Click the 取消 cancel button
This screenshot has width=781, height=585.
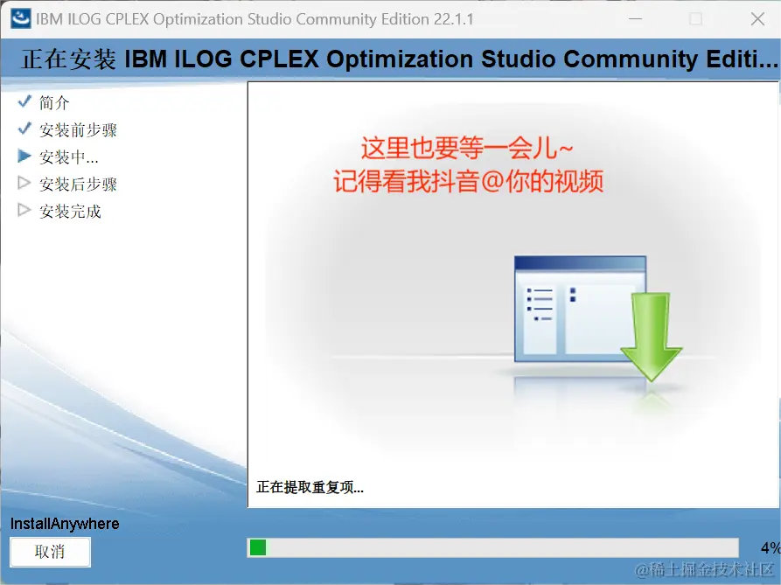tap(51, 552)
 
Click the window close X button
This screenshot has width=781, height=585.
tap(757, 19)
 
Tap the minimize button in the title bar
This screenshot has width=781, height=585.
tap(635, 19)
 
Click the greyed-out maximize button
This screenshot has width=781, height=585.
tap(696, 19)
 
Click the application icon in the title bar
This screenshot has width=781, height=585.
tap(21, 19)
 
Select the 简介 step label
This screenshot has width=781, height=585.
tap(54, 102)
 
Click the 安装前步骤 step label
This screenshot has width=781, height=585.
tap(78, 130)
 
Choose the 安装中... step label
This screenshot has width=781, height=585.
tap(69, 157)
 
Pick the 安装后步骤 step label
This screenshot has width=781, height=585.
tap(78, 185)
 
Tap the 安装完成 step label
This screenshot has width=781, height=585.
tap(70, 212)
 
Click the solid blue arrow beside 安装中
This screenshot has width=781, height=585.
tap(24, 157)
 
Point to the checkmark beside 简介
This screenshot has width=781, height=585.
tap(24, 101)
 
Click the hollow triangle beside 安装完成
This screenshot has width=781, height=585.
tap(24, 210)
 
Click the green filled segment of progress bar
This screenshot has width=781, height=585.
tap(258, 547)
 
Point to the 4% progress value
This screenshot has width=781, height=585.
tap(771, 548)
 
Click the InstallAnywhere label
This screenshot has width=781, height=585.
tap(65, 524)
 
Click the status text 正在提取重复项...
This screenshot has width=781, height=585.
tap(310, 487)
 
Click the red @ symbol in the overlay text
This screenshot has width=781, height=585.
tap(492, 181)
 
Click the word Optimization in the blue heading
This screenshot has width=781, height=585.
tap(400, 59)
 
